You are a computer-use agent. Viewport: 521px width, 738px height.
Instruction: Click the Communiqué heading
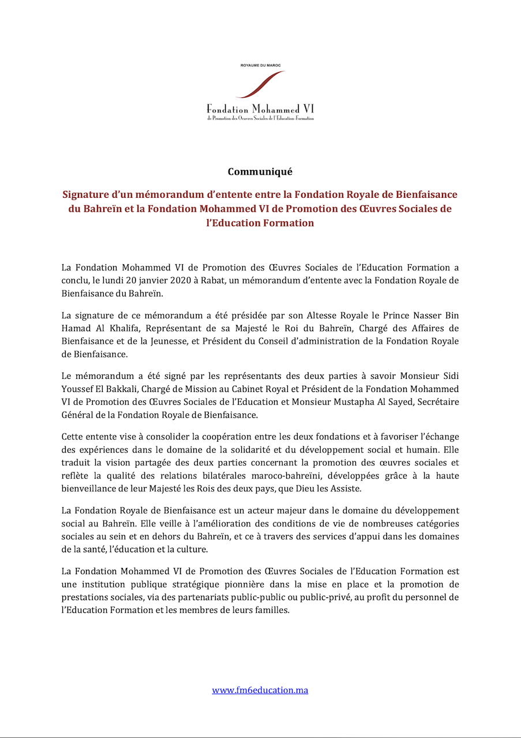pos(260,172)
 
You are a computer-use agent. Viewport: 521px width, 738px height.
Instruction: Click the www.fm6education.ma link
pos(260,690)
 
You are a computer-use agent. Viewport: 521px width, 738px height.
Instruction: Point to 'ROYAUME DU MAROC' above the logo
pos(260,66)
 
